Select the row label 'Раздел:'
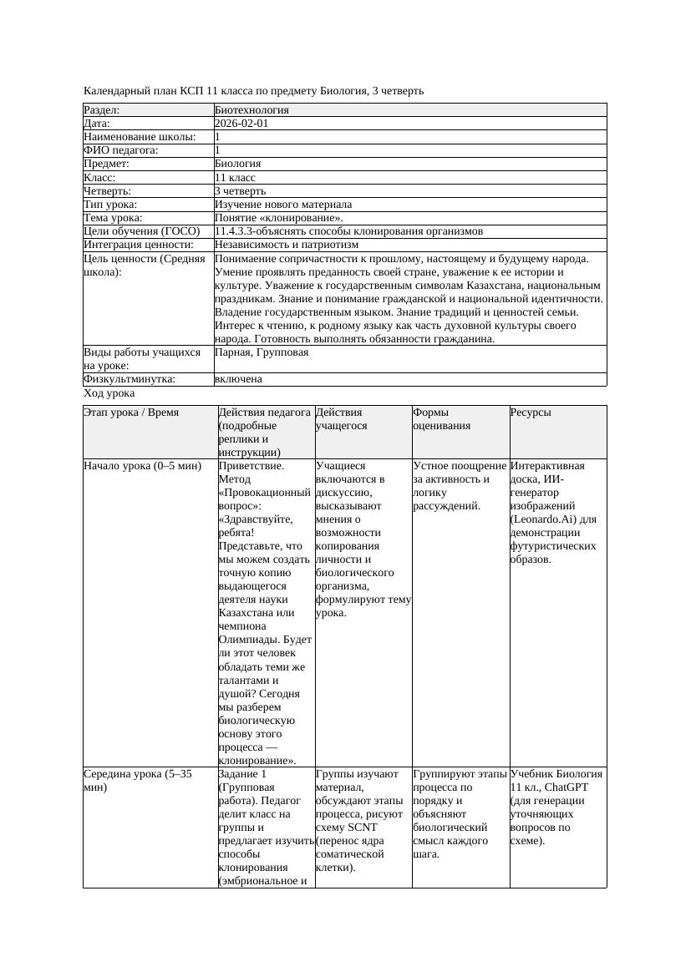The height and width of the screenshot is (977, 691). click(x=102, y=109)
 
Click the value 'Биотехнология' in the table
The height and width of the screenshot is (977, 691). click(x=252, y=109)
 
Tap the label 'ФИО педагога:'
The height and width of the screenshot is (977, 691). click(x=121, y=150)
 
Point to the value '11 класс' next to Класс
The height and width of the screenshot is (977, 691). click(x=235, y=177)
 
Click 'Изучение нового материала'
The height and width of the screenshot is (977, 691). click(x=282, y=204)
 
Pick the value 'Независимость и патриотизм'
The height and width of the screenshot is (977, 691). click(x=286, y=245)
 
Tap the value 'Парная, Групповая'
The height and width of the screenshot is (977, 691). click(x=261, y=352)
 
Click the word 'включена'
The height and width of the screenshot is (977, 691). click(x=238, y=379)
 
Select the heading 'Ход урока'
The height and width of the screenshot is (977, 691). click(x=109, y=392)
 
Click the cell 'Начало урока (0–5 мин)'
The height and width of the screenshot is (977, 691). click(x=143, y=466)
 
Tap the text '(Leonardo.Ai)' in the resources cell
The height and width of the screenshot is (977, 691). click(x=544, y=519)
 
